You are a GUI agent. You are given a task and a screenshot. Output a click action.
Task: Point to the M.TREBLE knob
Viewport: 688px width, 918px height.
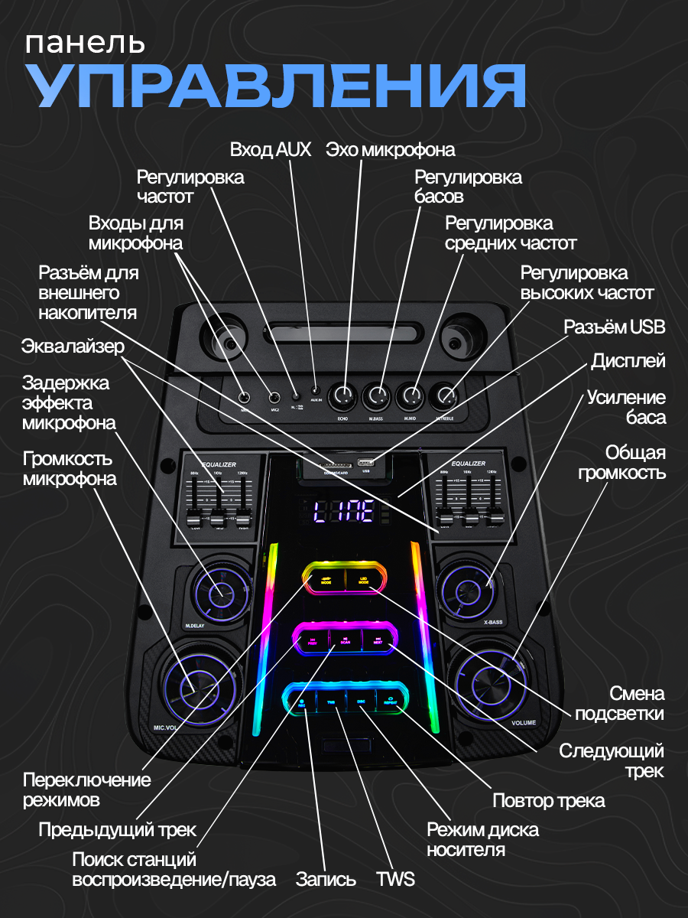[446, 396]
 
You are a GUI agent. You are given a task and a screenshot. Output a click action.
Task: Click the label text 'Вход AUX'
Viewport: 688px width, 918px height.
[271, 149]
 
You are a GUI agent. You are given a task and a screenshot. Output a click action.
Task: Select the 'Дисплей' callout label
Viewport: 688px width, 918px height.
[628, 361]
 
